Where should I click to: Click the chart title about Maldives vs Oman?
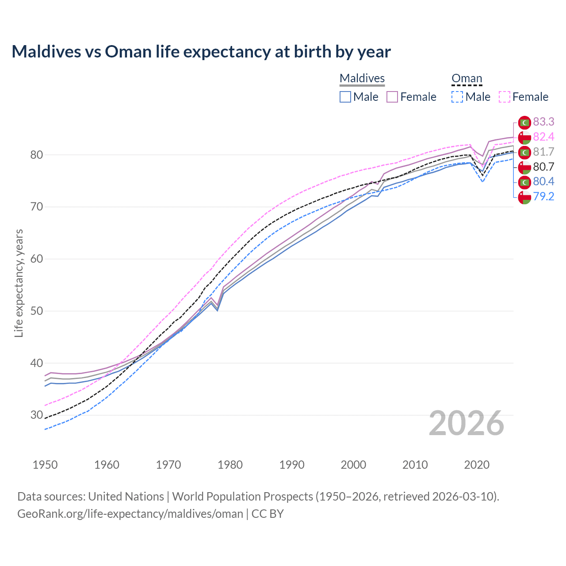[x=201, y=52]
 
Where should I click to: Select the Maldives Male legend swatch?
[x=345, y=97]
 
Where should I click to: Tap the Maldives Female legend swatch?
[x=392, y=97]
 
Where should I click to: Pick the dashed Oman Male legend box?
[x=457, y=97]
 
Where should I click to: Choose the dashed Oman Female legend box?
[x=505, y=97]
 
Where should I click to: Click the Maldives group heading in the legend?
[x=362, y=78]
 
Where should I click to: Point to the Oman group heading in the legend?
[x=467, y=78]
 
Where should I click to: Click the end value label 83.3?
[x=543, y=122]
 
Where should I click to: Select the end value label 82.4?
[x=543, y=137]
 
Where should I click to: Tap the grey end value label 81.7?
[x=543, y=152]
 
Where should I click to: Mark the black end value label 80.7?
[x=543, y=167]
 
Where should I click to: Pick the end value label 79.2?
[x=543, y=196]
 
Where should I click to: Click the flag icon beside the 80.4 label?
[x=524, y=182]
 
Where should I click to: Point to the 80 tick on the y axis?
[x=37, y=155]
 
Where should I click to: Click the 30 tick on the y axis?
[x=37, y=415]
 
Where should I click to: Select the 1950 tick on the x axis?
[x=45, y=465]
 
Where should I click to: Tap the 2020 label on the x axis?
[x=477, y=465]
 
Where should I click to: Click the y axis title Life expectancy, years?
[x=19, y=283]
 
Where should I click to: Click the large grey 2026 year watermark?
[x=466, y=423]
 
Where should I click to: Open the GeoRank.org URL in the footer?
[x=130, y=513]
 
